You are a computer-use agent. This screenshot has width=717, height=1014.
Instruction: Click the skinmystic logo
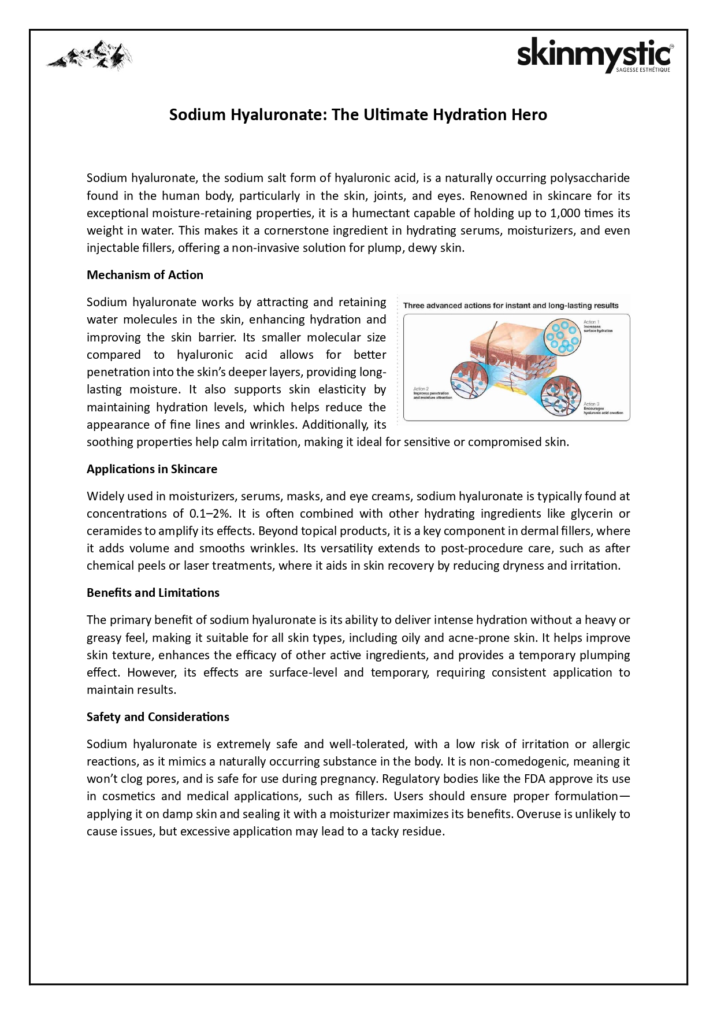coord(595,55)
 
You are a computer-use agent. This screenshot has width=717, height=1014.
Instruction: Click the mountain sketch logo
coord(90,55)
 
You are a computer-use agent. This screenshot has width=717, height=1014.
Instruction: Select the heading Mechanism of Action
coord(145,275)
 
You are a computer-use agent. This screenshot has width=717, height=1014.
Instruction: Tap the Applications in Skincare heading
coord(152,469)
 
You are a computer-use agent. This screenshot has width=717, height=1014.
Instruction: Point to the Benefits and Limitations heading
coord(153,593)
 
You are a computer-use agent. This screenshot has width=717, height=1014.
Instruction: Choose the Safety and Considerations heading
coord(158,717)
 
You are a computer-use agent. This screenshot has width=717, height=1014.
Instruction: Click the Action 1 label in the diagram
coord(592,322)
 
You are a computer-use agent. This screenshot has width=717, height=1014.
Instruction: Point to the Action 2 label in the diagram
coord(421,389)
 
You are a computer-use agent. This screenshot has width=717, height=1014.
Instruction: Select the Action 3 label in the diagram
coord(592,404)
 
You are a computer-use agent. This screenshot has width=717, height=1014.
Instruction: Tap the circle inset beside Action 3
coord(561,396)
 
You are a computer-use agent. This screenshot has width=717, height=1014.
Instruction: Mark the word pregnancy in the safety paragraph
coord(350,779)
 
